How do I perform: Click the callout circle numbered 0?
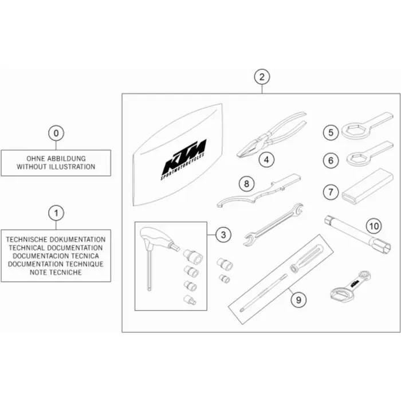56,133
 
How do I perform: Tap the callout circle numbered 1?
56,213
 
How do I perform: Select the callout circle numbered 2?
262,77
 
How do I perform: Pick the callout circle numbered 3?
223,235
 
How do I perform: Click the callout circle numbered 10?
374,226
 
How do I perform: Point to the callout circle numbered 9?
298,300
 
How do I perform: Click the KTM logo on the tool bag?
184,160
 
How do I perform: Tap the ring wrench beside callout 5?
366,125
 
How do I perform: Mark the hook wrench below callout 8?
258,191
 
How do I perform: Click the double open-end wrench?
273,225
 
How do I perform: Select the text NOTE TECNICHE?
56,272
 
